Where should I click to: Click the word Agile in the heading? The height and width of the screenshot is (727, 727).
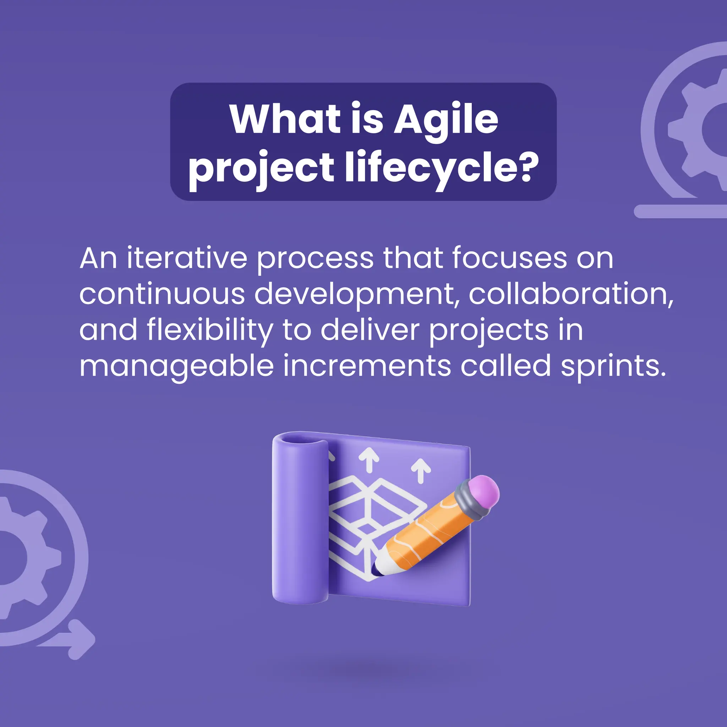(x=446, y=120)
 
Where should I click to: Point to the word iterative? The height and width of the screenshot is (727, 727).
(x=187, y=258)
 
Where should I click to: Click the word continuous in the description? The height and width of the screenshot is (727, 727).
(x=162, y=294)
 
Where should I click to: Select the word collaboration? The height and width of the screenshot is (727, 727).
(x=571, y=294)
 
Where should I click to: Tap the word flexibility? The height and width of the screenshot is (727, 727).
(x=209, y=330)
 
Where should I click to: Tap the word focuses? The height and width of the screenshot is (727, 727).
(x=509, y=258)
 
